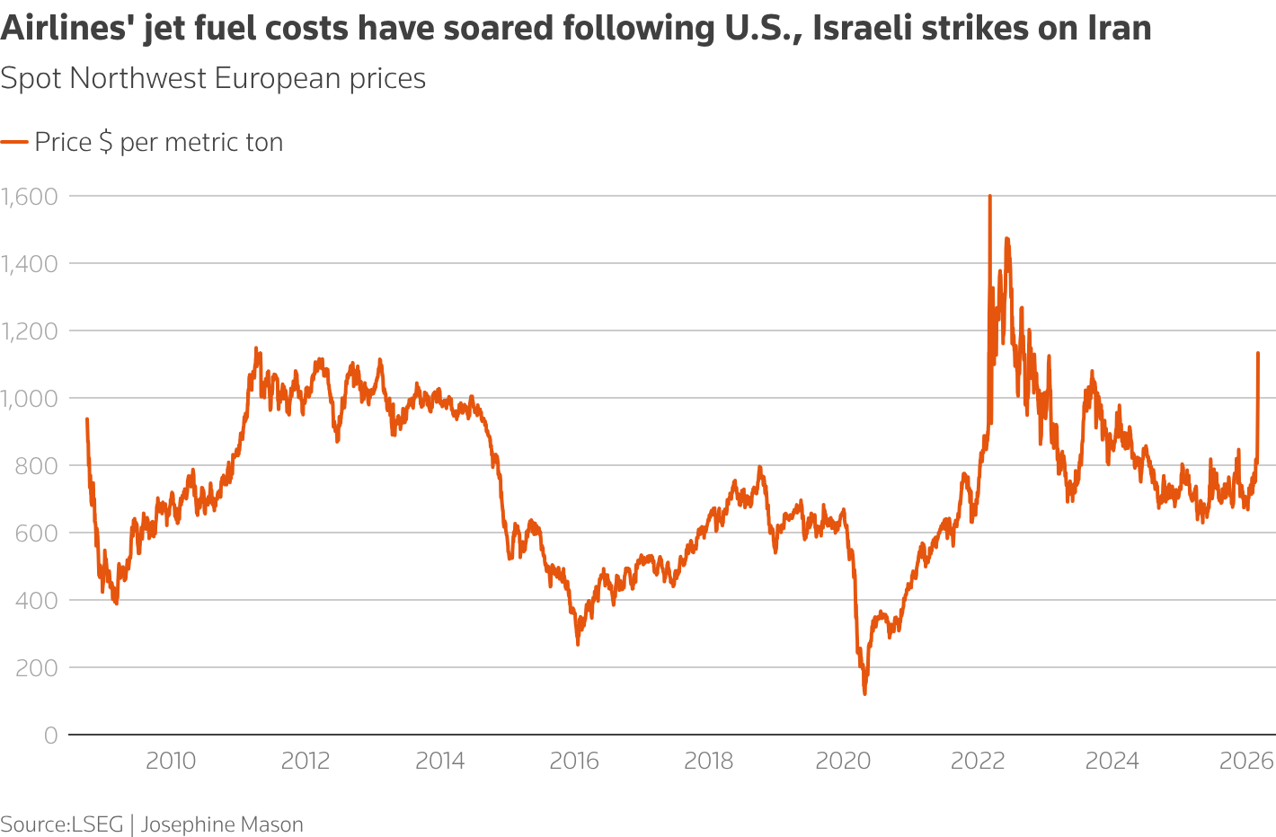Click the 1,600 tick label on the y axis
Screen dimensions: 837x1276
point(29,196)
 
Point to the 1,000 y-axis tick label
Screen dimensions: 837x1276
point(29,398)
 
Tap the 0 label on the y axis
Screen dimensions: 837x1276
point(50,736)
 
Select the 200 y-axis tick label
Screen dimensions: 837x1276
point(38,667)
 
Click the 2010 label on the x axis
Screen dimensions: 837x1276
point(171,762)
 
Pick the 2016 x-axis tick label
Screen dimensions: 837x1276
point(574,762)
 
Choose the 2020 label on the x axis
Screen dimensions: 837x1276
point(843,762)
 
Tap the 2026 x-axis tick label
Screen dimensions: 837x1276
point(1246,762)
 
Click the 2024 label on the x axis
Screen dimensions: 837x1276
point(1112,762)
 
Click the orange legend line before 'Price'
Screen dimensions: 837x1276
point(14,142)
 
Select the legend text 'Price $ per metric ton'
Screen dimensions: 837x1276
point(159,142)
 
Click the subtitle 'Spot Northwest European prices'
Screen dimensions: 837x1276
point(213,79)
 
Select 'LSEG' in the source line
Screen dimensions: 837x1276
point(97,824)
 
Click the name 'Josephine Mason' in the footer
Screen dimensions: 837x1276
point(222,824)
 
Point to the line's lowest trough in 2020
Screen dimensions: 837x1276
point(864,693)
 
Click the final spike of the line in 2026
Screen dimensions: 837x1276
point(1257,354)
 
